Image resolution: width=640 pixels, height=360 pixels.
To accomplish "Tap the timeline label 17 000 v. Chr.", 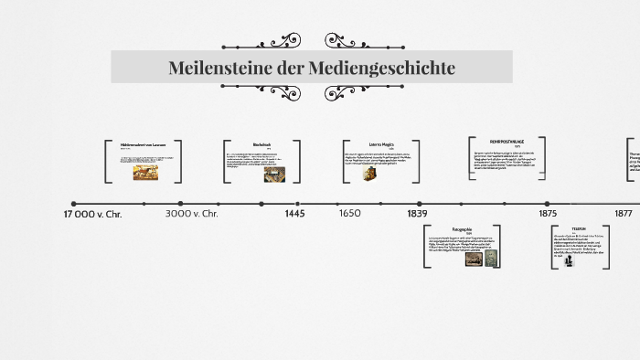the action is (92, 214).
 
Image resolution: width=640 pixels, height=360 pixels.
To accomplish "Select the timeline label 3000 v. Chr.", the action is (192, 214).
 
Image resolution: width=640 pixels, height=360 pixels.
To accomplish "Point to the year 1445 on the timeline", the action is (294, 214).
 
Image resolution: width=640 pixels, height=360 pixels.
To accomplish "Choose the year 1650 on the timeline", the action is (350, 214).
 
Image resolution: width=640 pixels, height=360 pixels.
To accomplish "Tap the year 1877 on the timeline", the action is (624, 214).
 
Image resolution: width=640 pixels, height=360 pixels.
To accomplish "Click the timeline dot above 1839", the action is (420, 204).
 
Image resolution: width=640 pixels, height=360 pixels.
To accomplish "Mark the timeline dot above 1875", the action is (547, 204).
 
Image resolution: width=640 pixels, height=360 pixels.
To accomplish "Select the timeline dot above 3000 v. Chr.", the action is (180, 204).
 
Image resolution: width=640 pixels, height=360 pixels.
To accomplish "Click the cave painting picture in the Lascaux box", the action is (145, 172).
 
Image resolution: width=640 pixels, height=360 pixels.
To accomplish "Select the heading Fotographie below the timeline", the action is (463, 228).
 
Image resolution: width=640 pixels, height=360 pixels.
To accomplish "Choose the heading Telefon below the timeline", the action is (579, 228).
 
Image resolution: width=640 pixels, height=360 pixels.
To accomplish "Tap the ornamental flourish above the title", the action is (280, 41).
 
